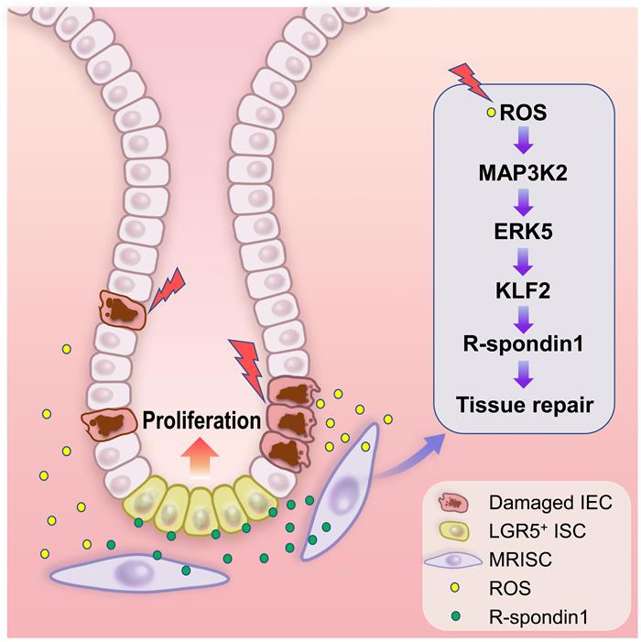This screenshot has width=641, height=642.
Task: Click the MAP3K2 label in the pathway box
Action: pos(523,174)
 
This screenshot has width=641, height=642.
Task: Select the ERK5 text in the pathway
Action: pos(523,232)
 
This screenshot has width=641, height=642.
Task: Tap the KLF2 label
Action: pos(523,290)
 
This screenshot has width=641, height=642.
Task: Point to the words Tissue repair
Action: pos(525,405)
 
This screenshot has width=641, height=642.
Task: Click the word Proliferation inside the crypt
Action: pos(201,420)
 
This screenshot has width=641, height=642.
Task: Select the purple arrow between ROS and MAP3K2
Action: pos(524,140)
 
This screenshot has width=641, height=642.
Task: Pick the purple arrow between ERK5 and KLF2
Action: pos(524,262)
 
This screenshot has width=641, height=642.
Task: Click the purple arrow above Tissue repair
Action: pos(525,374)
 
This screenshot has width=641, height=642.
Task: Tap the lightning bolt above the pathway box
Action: pos(471,82)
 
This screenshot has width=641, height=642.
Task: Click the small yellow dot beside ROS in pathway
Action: pos(491,112)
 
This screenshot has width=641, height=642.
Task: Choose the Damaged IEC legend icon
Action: pos(453,503)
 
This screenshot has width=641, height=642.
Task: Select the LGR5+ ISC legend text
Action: pos(538,531)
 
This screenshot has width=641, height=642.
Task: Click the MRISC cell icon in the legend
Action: pos(453,560)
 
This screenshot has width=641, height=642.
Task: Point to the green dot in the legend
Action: pos(454,615)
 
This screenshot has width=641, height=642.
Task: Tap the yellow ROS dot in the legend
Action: pos(454,588)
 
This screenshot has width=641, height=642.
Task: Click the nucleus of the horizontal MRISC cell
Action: pos(136,571)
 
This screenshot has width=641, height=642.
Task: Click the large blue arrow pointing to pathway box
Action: pos(409,456)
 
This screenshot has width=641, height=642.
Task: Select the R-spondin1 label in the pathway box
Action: pos(523,344)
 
